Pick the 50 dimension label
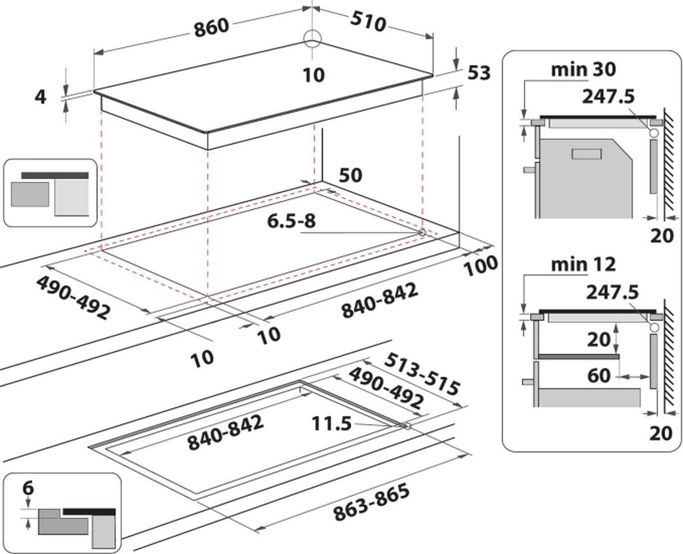point(351,175)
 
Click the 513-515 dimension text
point(422,373)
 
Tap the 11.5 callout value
point(332,424)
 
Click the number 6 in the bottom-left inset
point(28,488)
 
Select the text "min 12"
point(583,264)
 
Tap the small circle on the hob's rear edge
point(312,38)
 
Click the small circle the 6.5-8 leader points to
point(422,232)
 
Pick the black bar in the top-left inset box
point(55,175)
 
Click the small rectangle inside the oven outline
point(586,154)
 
